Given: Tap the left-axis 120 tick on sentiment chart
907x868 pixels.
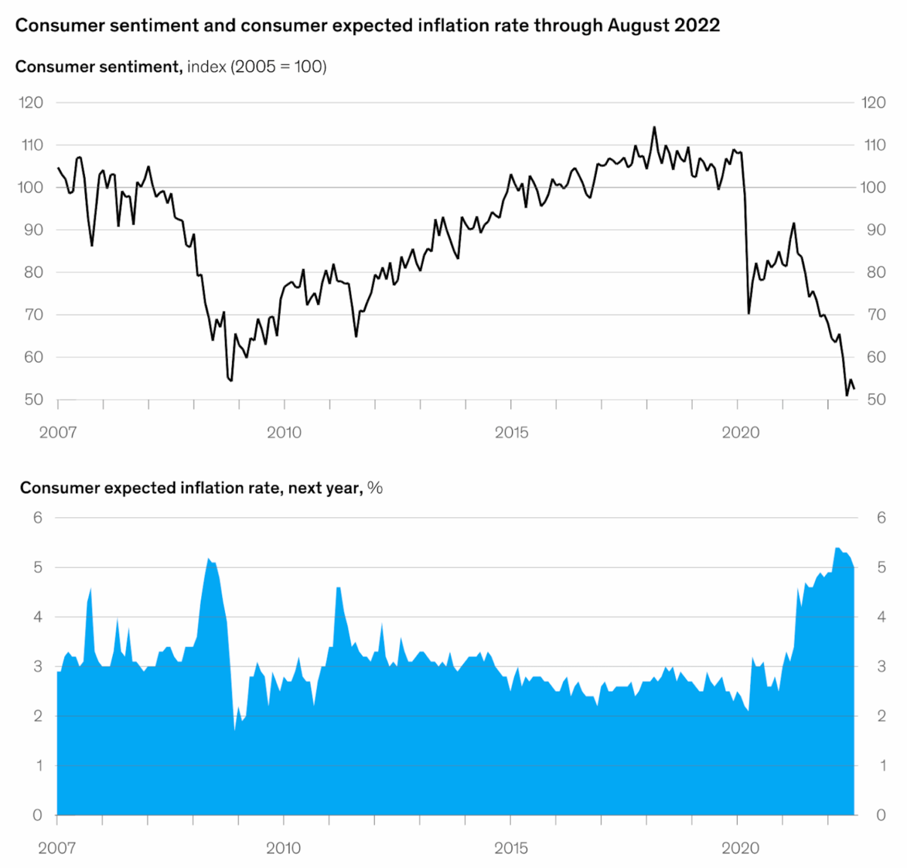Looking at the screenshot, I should [x=31, y=103].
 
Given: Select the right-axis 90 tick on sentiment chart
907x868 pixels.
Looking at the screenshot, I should [x=876, y=230].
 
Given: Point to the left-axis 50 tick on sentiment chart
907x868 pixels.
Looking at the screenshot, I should [x=33, y=400].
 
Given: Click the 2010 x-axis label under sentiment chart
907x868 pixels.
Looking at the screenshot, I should [x=284, y=433].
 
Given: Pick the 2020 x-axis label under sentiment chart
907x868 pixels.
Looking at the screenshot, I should [x=740, y=433].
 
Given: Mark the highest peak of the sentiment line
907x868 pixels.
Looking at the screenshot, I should [x=654, y=127].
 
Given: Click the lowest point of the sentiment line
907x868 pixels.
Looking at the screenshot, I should [x=847, y=395].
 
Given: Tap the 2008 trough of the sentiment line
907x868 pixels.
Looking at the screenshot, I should [x=231, y=380].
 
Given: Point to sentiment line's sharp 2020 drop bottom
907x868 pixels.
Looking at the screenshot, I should [x=749, y=313].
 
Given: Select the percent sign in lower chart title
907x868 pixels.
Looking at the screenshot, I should [x=375, y=488].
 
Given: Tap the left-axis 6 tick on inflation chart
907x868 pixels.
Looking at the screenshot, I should [x=37, y=518].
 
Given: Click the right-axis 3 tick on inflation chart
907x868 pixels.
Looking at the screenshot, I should [x=881, y=666].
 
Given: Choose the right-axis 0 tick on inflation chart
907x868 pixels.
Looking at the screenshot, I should [x=881, y=815].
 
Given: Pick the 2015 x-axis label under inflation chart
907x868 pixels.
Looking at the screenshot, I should [x=511, y=848].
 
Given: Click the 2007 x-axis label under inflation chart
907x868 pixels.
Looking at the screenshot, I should [x=57, y=848].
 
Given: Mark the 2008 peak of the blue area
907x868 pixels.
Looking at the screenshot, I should [x=208, y=558].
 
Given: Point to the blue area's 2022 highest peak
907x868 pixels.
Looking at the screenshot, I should [x=838, y=548].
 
